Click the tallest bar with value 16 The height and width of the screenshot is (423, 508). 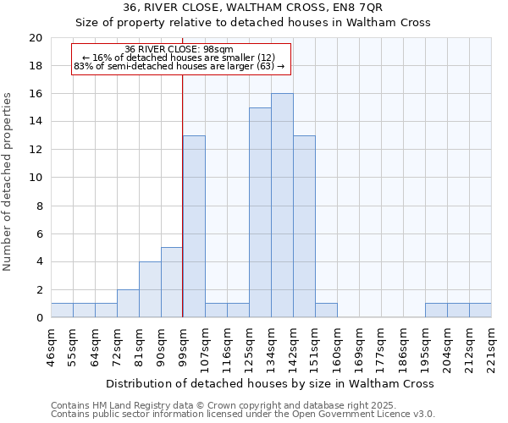tap(282, 206)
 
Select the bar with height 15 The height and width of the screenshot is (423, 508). tap(260, 212)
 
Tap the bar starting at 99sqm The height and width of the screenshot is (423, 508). tap(194, 227)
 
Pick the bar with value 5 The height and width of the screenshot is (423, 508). tap(172, 283)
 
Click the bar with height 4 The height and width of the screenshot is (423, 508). tap(150, 289)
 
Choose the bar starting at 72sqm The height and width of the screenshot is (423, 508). tap(128, 304)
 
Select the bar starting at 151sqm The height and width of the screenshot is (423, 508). tap(326, 310)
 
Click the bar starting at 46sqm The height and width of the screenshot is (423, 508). tap(62, 310)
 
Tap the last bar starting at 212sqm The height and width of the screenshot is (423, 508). tap(480, 310)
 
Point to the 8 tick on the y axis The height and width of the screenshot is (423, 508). tap(38, 206)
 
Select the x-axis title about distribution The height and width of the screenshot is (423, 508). tap(271, 383)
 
